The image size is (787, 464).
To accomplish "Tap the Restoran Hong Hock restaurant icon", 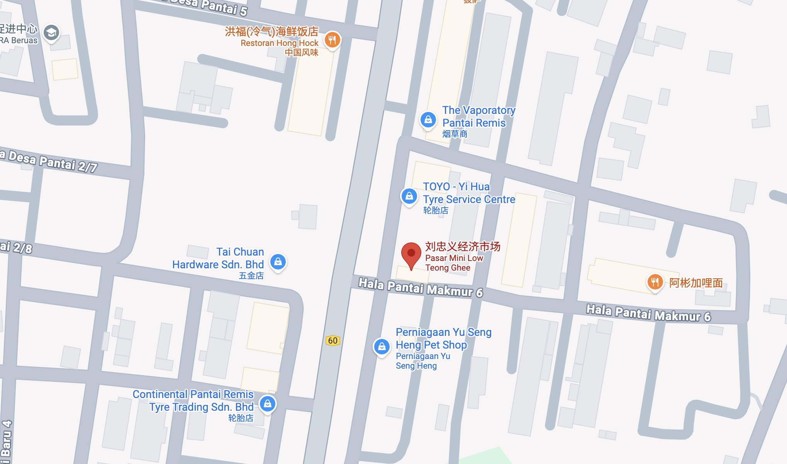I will tap(332, 39).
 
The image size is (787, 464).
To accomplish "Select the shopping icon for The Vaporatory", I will tap(428, 120).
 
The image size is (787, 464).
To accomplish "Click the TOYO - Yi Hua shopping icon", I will tap(409, 196).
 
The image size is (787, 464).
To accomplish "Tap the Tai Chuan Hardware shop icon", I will tap(278, 262).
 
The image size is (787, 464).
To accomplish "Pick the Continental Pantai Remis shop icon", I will tap(268, 404).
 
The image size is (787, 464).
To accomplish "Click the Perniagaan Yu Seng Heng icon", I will tap(382, 347).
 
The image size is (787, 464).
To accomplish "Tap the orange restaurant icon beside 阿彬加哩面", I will tap(655, 282).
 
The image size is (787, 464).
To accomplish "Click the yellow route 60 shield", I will tap(332, 340).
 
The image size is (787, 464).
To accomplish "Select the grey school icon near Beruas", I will tap(51, 33).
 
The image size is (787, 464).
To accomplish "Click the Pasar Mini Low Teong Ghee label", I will tap(454, 262).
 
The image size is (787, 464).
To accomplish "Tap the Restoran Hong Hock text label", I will tap(280, 43).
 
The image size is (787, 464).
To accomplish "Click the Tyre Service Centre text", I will tap(469, 199).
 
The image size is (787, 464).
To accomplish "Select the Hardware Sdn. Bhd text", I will tap(218, 264).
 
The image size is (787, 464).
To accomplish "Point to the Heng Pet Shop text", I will tap(431, 345).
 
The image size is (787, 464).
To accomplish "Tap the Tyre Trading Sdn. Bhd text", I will tap(201, 407).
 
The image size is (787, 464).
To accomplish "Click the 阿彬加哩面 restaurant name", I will tap(696, 283).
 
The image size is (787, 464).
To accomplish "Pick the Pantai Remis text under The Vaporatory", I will tap(474, 123).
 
